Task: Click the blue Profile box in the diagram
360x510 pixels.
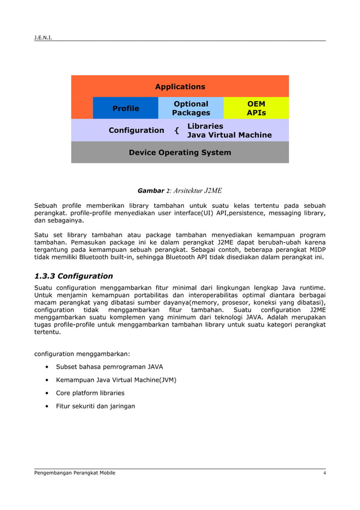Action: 125,108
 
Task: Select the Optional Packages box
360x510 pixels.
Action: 191,108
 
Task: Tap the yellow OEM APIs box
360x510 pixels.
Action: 256,108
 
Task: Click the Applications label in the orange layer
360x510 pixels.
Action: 180,86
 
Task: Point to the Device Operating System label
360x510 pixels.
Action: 180,152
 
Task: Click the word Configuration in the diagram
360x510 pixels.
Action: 137,130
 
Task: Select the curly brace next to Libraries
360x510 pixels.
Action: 177,131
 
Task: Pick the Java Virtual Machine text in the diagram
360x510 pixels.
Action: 229,135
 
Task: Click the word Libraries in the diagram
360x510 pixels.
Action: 205,126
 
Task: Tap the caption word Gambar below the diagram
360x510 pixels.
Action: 151,191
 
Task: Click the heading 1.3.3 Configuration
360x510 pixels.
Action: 74,276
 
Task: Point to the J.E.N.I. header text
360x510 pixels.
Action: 43,38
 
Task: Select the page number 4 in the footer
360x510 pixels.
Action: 324,473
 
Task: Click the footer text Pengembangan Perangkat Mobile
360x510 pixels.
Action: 75,473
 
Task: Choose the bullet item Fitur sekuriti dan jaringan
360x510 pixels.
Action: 95,406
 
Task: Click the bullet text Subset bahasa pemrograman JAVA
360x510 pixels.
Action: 109,367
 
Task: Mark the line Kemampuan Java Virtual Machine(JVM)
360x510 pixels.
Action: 116,380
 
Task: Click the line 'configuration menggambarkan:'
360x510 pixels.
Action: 82,354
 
